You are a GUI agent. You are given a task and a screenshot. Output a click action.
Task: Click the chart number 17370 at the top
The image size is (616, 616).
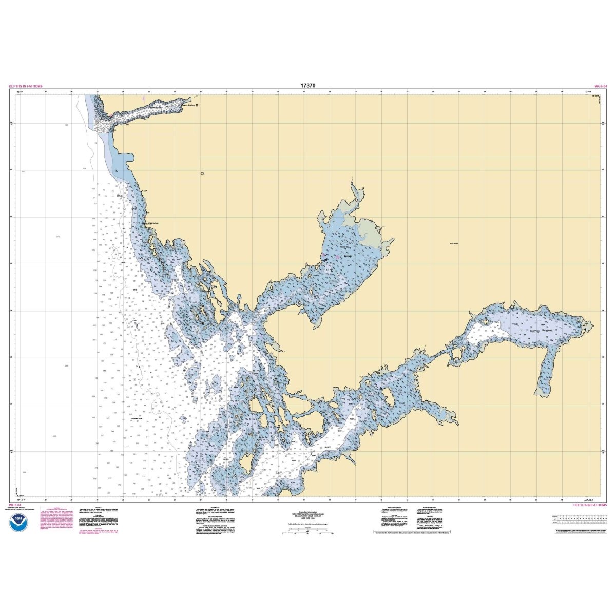(308, 86)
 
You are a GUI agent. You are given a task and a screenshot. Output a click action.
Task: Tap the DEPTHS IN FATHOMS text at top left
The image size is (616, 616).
(26, 87)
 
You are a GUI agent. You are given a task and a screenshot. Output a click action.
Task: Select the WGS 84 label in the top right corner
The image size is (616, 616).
(600, 87)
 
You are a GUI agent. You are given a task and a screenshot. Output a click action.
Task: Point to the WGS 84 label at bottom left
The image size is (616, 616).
(15, 505)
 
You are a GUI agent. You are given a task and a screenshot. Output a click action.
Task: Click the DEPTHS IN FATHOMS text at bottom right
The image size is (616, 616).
(590, 505)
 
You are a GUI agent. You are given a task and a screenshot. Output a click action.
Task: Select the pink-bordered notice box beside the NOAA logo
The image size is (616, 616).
(54, 522)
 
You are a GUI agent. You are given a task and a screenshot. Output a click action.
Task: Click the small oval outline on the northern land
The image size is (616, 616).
(202, 174)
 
